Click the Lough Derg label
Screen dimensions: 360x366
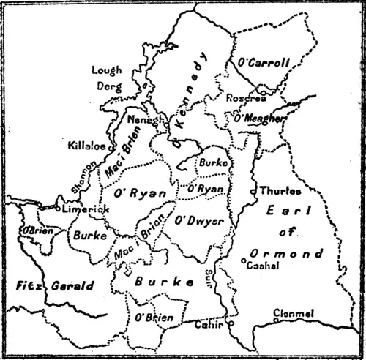(107, 77)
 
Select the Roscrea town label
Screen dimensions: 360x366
(242, 98)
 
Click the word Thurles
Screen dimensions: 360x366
(280, 191)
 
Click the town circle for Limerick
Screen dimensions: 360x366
(59, 209)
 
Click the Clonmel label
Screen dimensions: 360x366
(294, 313)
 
